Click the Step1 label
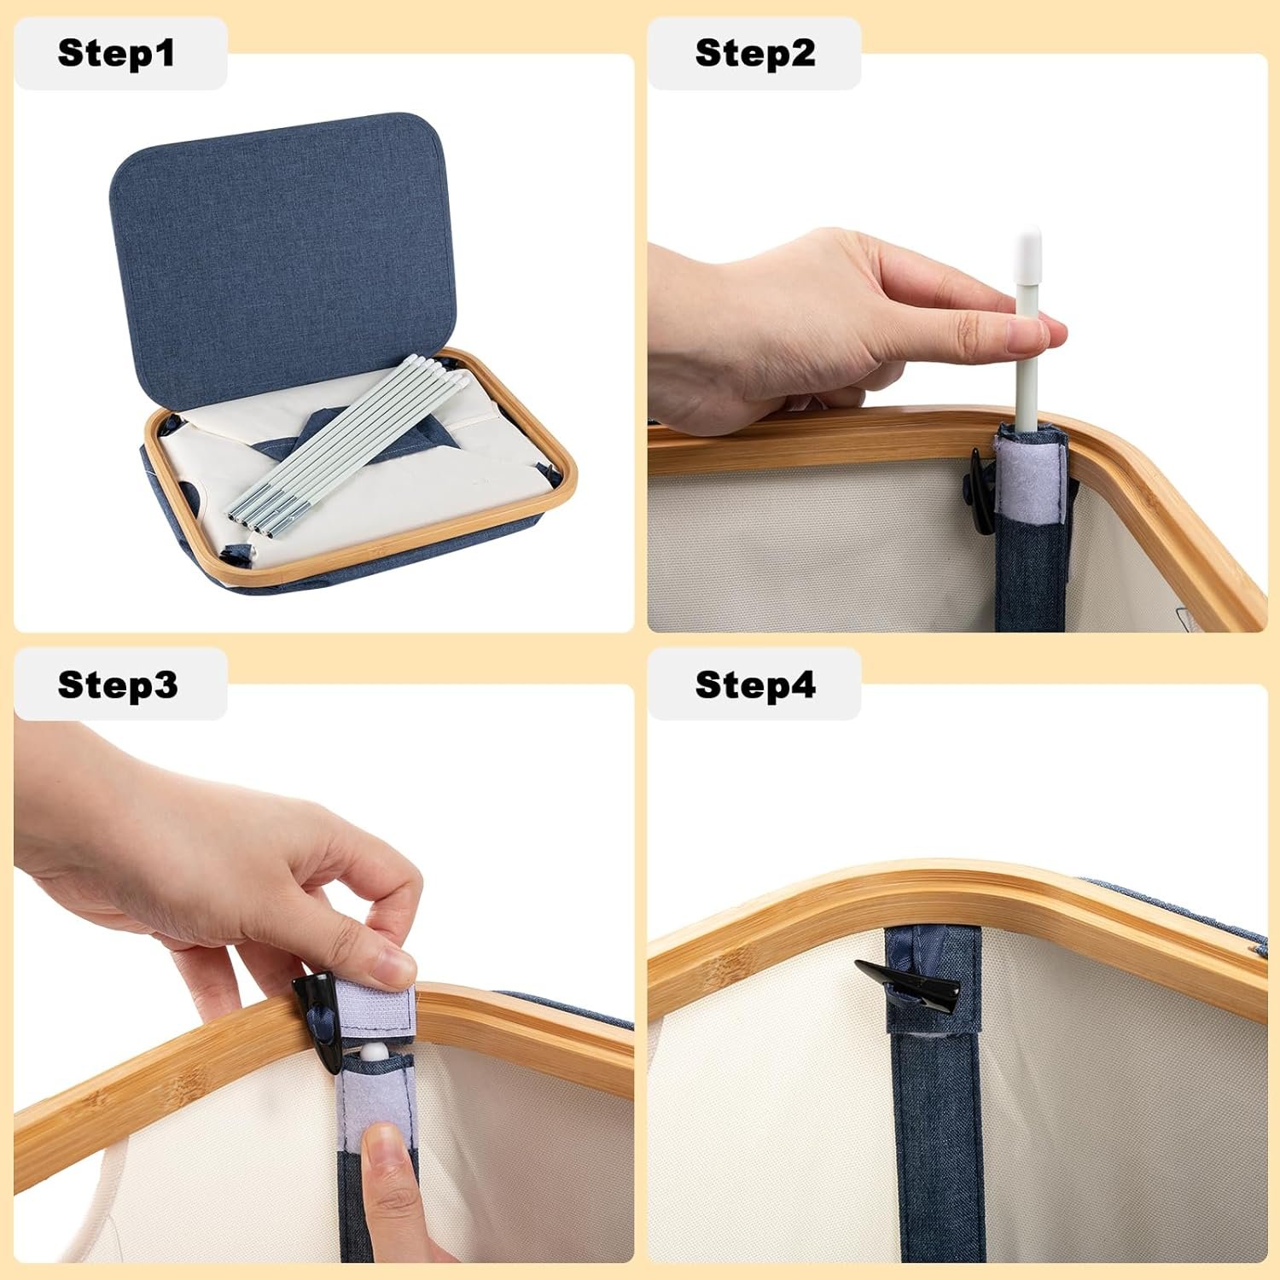(116, 53)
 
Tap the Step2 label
(755, 53)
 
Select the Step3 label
(118, 684)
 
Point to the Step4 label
(755, 684)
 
